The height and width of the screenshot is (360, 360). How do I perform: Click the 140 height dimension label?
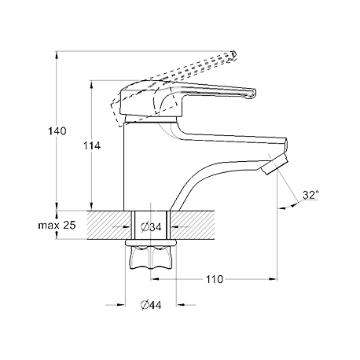(x=57, y=131)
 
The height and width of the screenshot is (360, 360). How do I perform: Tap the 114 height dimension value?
(x=92, y=145)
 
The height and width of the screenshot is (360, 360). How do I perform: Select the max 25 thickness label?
(x=57, y=225)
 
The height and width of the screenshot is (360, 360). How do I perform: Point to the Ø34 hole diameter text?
(x=151, y=227)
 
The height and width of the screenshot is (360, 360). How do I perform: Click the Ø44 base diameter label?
(x=151, y=305)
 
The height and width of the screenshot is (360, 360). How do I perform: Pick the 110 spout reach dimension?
(x=215, y=279)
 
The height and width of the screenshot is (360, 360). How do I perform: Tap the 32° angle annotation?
(x=310, y=195)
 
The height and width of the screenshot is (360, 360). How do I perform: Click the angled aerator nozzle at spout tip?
(x=275, y=164)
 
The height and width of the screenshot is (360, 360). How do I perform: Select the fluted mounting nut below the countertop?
(x=150, y=258)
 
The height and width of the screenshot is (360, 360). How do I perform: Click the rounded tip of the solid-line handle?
(x=252, y=94)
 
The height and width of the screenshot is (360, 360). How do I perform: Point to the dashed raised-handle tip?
(x=233, y=56)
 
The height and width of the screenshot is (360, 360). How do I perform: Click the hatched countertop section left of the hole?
(x=108, y=225)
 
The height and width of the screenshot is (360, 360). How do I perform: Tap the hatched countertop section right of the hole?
(x=193, y=225)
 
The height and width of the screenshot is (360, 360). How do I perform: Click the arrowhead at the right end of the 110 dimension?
(x=274, y=279)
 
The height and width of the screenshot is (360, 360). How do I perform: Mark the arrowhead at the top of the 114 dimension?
(x=91, y=85)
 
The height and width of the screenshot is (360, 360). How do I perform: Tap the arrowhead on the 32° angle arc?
(x=281, y=208)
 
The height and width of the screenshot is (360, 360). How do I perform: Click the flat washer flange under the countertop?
(x=150, y=243)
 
